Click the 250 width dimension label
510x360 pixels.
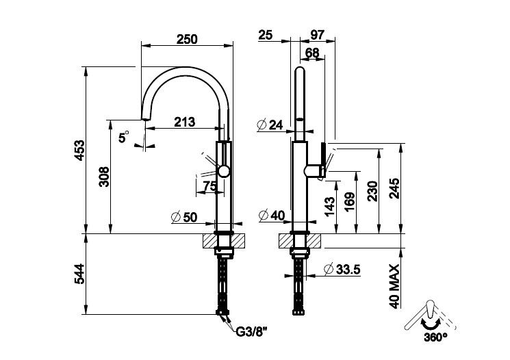point(187,39)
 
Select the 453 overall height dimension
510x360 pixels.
point(80,151)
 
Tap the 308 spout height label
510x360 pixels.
point(105,177)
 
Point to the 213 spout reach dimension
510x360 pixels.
point(184,122)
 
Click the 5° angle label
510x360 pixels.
point(124,137)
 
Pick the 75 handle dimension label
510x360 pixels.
point(209,186)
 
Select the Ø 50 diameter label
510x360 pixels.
point(184,217)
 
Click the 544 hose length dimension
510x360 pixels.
point(80,274)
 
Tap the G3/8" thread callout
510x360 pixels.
point(252,332)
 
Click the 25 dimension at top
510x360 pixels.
point(266,35)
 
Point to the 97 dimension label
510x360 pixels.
point(317,35)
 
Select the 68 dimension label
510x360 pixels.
point(313,53)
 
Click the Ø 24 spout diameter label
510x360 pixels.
point(270,125)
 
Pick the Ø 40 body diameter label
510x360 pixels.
point(272,215)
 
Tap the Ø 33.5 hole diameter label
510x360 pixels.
point(342,269)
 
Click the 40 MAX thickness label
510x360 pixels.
point(394,286)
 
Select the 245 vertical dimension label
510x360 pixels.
point(394,188)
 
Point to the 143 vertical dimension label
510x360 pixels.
point(329,207)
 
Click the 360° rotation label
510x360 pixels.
point(435,337)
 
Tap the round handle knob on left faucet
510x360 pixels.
point(224,171)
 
